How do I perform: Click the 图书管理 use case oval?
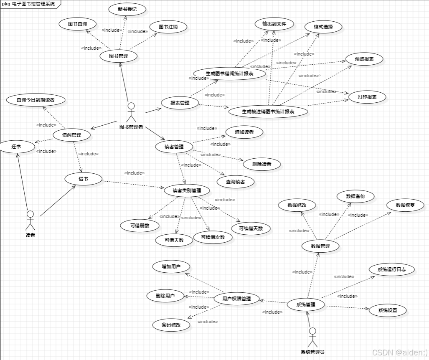(x=118, y=56)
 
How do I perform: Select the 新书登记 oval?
(x=127, y=9)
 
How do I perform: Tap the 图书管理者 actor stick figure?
(x=131, y=111)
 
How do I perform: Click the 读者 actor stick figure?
(x=30, y=220)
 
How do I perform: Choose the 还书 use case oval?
(x=16, y=147)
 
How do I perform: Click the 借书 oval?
(x=84, y=179)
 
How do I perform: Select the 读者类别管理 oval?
(x=187, y=190)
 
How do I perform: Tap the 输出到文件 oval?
(x=274, y=24)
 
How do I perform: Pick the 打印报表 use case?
(x=367, y=97)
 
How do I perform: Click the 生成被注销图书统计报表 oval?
(x=268, y=112)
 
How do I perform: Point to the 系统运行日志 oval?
(x=391, y=269)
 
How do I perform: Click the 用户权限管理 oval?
(x=236, y=299)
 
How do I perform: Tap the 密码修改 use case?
(x=170, y=325)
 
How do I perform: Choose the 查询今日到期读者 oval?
(x=35, y=100)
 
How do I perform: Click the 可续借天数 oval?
(x=251, y=228)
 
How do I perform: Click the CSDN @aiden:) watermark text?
(x=399, y=352)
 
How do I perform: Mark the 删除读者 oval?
(x=261, y=164)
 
